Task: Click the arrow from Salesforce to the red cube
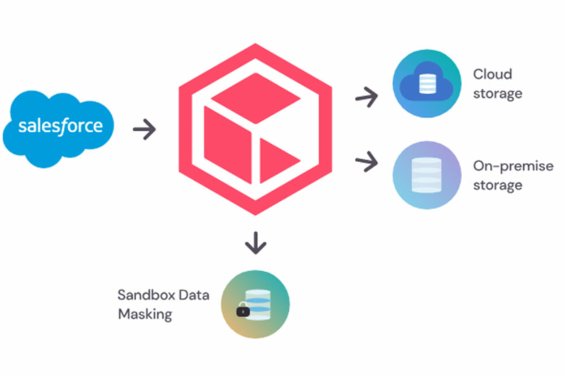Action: coord(144,129)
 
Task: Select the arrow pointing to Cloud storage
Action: coord(367,97)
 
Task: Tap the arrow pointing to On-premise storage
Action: coord(367,161)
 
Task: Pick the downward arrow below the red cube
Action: coord(256,243)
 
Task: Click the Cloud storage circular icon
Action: coord(427,83)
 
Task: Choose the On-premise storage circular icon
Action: coord(427,175)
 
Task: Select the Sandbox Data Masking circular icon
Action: coord(255,304)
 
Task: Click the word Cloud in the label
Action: coord(492,74)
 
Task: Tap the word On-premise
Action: coord(513,166)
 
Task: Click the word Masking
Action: coord(145,314)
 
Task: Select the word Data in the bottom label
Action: coord(194,295)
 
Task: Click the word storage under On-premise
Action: coord(498,185)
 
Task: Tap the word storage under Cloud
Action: coord(498,94)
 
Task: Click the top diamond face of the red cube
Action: coord(256,98)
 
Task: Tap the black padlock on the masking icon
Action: coord(243,310)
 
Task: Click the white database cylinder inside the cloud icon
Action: coord(427,84)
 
